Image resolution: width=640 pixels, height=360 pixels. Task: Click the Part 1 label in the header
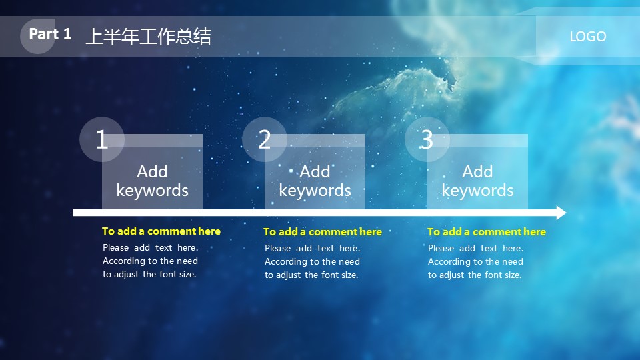[50, 35]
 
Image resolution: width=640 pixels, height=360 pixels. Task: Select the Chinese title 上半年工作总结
[148, 37]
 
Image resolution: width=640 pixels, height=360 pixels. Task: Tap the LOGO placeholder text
[587, 37]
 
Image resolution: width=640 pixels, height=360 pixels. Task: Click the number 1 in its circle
[101, 140]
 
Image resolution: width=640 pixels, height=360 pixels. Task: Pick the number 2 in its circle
[264, 140]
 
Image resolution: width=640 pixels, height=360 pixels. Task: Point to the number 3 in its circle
[427, 140]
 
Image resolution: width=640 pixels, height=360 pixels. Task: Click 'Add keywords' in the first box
[152, 181]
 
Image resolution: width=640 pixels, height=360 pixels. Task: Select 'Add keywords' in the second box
[315, 181]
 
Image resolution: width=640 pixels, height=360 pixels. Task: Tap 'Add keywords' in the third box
[477, 181]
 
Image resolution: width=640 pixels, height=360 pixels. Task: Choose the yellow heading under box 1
[161, 231]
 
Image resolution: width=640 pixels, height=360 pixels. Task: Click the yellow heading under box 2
[323, 232]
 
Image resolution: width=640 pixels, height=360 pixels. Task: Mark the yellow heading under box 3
[486, 232]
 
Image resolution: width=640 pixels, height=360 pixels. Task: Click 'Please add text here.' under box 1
[150, 247]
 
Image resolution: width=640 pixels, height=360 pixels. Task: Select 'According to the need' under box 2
[312, 261]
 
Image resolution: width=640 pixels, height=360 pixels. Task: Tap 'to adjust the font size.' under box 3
[475, 275]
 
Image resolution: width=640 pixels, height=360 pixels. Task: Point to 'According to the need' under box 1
[150, 261]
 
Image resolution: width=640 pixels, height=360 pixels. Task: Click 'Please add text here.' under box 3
[475, 248]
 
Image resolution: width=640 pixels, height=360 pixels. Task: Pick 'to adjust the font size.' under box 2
[311, 275]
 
